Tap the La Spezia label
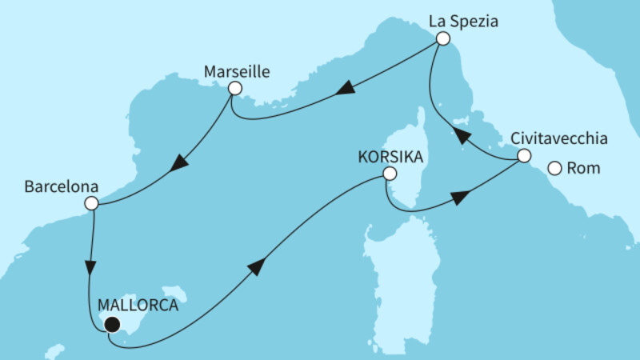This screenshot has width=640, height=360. click(464, 22)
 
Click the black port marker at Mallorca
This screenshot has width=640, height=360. click(112, 324)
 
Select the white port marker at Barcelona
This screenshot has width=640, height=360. click(91, 203)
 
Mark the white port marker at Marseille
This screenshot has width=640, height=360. click(234, 89)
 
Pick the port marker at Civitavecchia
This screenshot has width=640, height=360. click(522, 156)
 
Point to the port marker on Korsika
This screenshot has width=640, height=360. click(389, 174)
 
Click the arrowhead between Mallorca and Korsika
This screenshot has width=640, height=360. click(256, 267)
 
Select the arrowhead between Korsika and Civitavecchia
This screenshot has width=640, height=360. click(460, 197)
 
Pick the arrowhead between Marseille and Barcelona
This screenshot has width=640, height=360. click(179, 162)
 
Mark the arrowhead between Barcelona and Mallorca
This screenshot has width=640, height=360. click(93, 266)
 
